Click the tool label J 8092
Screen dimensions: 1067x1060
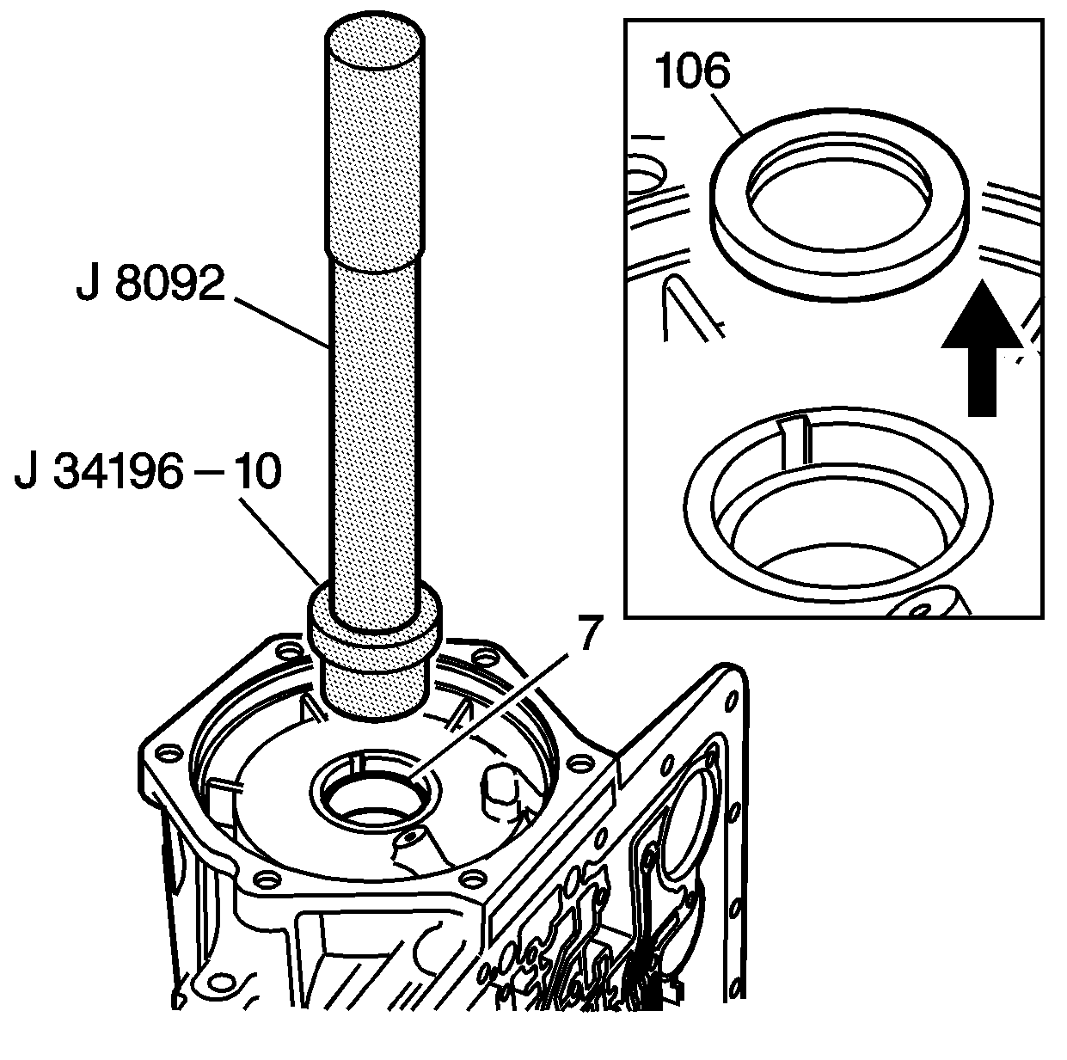pyautogui.click(x=150, y=283)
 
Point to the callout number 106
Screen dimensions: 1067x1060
pyautogui.click(x=692, y=70)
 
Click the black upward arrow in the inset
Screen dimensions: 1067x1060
pyautogui.click(x=982, y=347)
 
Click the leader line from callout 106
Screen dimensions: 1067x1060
pyautogui.click(x=727, y=114)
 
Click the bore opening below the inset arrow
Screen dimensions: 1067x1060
pyautogui.click(x=838, y=504)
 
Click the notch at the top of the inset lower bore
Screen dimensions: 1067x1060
pyautogui.click(x=794, y=440)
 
